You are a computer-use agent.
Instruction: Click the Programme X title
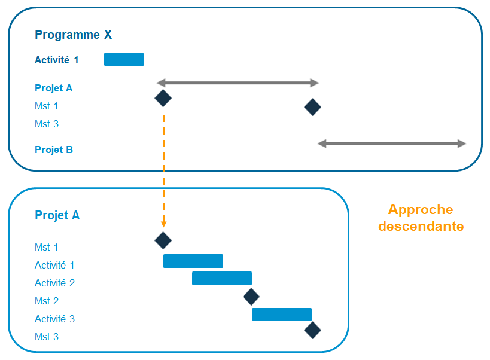point(73,35)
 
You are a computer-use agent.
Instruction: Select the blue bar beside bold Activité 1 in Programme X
point(124,59)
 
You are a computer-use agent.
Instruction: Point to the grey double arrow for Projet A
point(238,83)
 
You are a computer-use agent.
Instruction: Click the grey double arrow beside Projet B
point(392,144)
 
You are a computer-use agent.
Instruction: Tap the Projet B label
point(54,150)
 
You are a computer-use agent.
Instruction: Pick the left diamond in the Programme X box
point(163,98)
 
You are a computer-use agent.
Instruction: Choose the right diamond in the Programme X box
point(312,107)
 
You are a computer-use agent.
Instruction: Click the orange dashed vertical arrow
point(163,167)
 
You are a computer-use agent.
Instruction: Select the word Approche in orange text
point(421,210)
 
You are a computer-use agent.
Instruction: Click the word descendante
point(421,227)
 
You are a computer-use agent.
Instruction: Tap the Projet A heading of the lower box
point(57,216)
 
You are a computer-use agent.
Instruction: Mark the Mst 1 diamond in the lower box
point(163,240)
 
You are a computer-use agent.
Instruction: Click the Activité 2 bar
point(221,278)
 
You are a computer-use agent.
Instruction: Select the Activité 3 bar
point(281,315)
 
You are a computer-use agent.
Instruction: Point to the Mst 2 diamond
point(251,296)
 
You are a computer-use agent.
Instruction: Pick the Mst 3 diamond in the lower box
point(312,330)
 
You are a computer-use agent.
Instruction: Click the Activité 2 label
point(54,283)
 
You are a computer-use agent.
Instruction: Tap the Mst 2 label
point(47,301)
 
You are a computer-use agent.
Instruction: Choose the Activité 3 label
point(54,319)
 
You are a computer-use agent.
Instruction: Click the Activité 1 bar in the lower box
point(193,261)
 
